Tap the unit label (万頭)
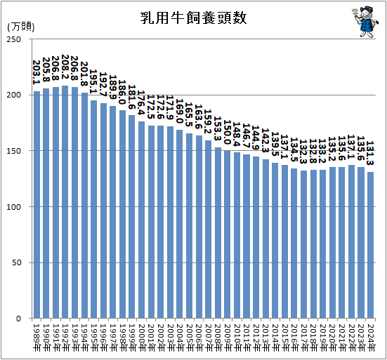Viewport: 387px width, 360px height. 20,27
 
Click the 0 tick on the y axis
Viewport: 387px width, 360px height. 25,319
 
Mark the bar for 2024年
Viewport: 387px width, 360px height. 371,245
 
